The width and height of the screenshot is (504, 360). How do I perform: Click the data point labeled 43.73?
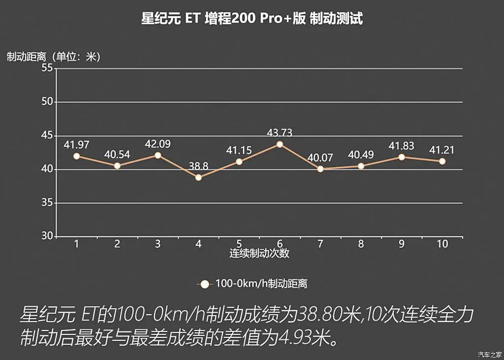[x=280, y=144]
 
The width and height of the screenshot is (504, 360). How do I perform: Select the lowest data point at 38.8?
[x=198, y=177]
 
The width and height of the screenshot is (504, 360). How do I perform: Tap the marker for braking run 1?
[x=76, y=156]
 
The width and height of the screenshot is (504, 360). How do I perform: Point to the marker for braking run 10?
[x=442, y=161]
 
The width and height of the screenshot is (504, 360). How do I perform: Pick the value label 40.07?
[x=320, y=158]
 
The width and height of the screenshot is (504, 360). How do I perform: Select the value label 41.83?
[x=401, y=146]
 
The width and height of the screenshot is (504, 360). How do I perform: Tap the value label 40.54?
[x=117, y=155]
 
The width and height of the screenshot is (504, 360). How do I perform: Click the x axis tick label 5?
[x=239, y=244]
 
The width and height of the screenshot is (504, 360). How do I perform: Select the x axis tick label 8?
[x=361, y=244]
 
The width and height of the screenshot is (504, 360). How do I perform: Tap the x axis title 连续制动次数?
[x=259, y=254]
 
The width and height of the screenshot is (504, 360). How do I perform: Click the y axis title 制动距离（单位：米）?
[x=54, y=57]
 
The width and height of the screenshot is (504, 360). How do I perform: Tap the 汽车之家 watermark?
[x=489, y=354]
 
